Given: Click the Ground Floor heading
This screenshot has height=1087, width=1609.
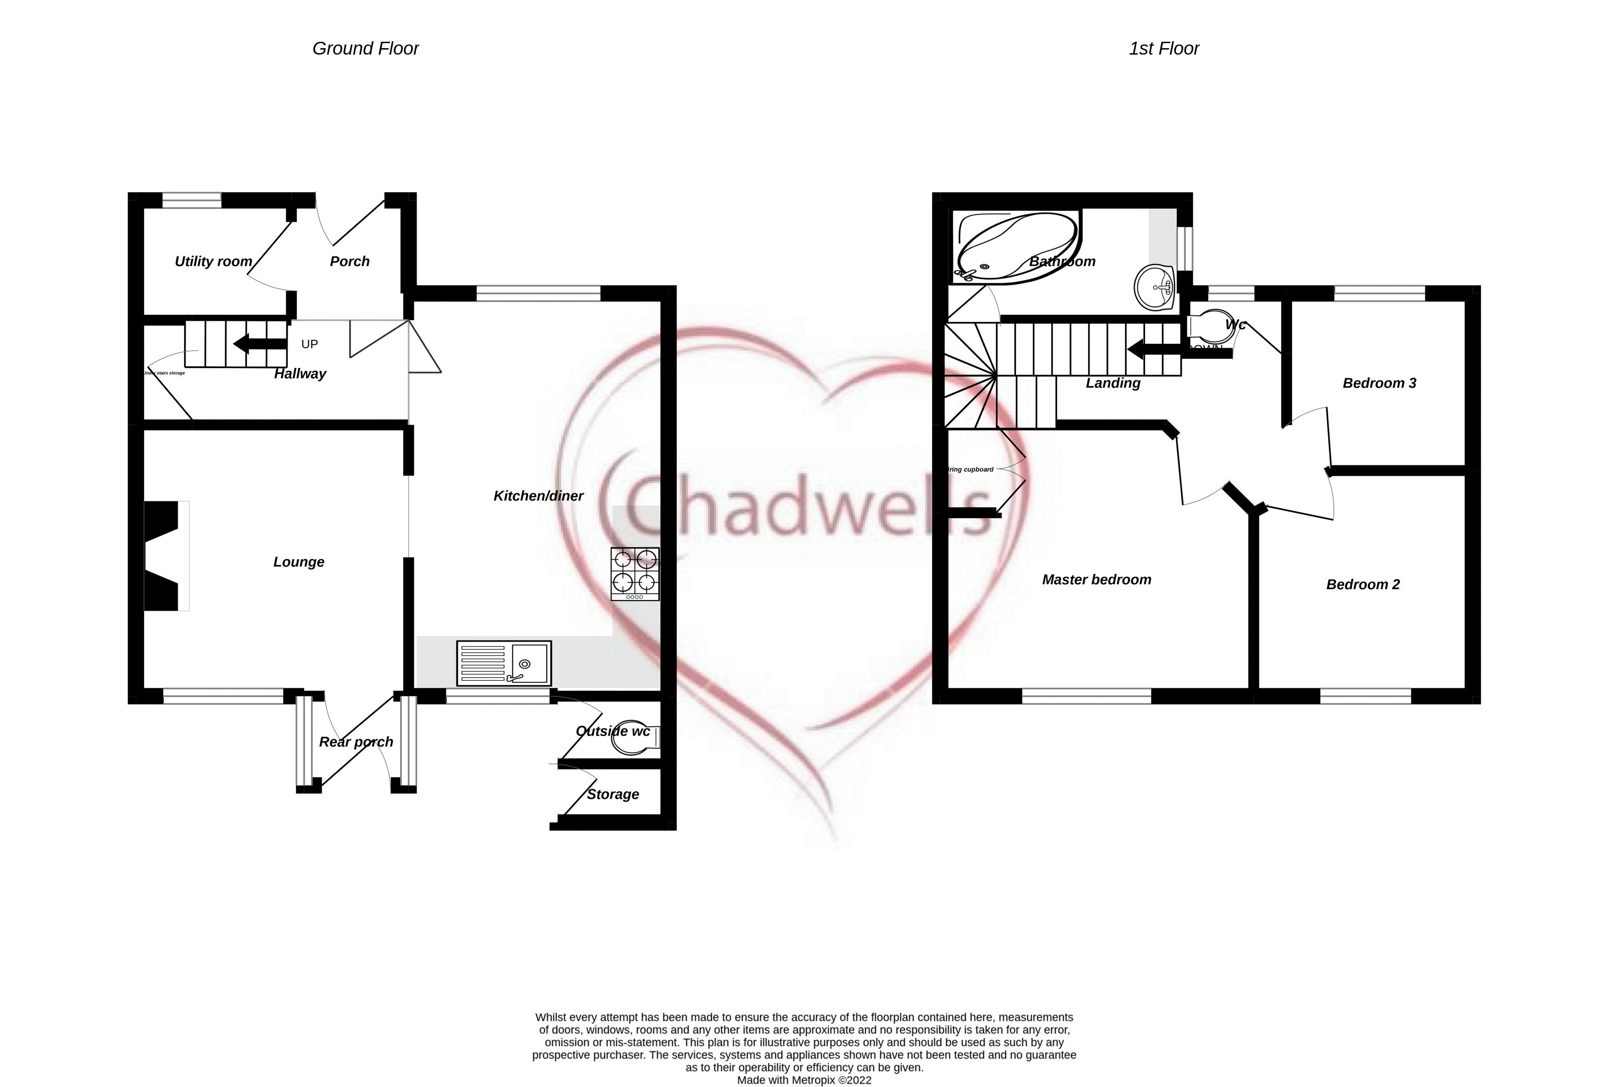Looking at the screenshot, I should tap(366, 49).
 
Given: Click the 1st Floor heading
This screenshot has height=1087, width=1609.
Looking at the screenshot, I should tap(1164, 49).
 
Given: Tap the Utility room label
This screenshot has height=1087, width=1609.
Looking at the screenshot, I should tap(213, 262).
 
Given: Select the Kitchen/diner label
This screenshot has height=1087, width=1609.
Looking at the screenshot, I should tap(538, 496).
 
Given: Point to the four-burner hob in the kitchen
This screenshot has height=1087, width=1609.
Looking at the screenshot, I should tap(635, 573).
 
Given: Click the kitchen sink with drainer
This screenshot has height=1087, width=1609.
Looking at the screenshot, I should tap(504, 663).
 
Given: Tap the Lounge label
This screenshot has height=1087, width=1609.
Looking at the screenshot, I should tap(298, 562).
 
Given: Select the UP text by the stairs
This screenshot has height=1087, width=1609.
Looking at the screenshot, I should tap(310, 344).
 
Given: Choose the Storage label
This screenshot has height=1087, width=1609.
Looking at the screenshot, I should tap(612, 795).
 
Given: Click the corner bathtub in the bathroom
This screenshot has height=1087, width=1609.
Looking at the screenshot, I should tap(1016, 246).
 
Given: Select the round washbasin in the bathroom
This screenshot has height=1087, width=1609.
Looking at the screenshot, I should tap(1155, 287).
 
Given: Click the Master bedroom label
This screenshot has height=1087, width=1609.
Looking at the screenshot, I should tap(1097, 580).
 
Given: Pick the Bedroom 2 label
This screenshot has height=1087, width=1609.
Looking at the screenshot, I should tap(1363, 585).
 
